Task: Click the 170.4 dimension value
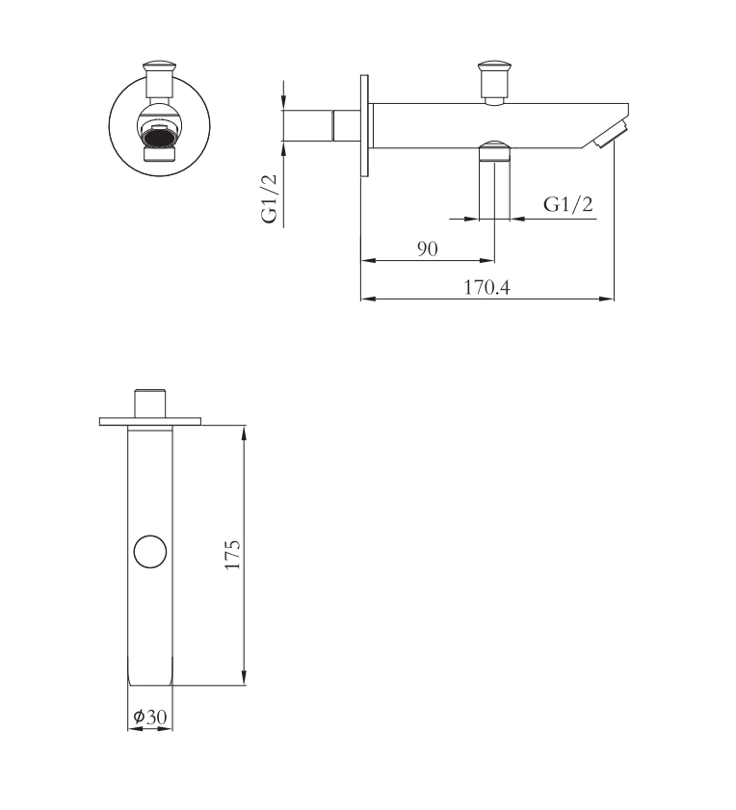point(486,287)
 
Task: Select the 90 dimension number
point(428,249)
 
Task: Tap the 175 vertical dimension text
point(233,555)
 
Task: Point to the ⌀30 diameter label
point(150,717)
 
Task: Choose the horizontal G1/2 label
point(567,204)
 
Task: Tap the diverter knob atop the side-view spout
point(494,83)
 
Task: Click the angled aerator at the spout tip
point(610,134)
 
